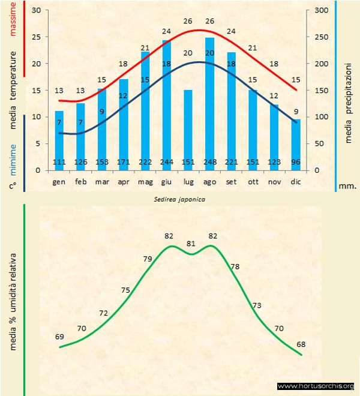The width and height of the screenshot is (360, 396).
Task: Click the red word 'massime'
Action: point(14,18)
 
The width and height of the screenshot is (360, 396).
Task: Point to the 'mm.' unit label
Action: point(347,186)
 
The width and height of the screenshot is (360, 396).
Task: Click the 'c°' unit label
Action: point(13,186)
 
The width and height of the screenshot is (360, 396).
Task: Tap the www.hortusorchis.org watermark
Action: point(316,386)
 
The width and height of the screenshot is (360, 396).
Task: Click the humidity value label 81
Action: point(191,244)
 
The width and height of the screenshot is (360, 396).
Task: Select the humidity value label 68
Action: point(301,344)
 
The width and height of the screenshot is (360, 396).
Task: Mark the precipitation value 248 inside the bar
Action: point(209,162)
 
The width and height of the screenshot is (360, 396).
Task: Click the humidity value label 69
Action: point(59,337)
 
